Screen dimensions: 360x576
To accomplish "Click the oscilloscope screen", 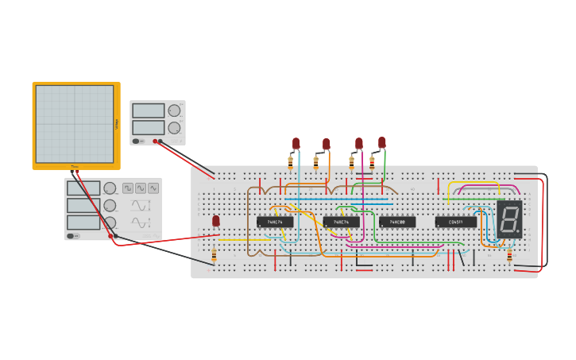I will coord(75,124).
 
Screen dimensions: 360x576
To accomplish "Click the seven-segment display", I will coord(509,219).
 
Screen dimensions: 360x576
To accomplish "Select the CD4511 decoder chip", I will coord(456,222).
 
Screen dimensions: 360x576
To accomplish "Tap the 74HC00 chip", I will coord(396,222).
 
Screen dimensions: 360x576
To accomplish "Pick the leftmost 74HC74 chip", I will coord(274,222).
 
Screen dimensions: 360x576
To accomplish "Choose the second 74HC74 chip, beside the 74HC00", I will coord(341,222).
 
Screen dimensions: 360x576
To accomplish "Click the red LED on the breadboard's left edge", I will coord(215,221).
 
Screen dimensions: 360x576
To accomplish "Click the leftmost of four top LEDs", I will coord(296,143).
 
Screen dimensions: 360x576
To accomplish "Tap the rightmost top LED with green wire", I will coord(381,143).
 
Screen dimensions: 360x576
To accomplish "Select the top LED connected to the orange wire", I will coord(326,144).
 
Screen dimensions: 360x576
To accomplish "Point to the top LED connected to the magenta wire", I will coord(358,144).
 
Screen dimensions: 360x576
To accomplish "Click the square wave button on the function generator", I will coord(128,188).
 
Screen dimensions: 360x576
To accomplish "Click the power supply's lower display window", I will coord(149,127).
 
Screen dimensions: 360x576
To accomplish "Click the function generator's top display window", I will coord(83,188).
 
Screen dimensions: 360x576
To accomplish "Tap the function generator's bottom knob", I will coord(110,223).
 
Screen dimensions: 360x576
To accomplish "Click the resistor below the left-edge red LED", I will coord(214,254).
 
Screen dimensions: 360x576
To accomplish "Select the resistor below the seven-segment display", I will coord(509,254).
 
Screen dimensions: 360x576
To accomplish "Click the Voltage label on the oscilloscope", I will coord(117,124).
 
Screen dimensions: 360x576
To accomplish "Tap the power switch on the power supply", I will coord(137,141).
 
